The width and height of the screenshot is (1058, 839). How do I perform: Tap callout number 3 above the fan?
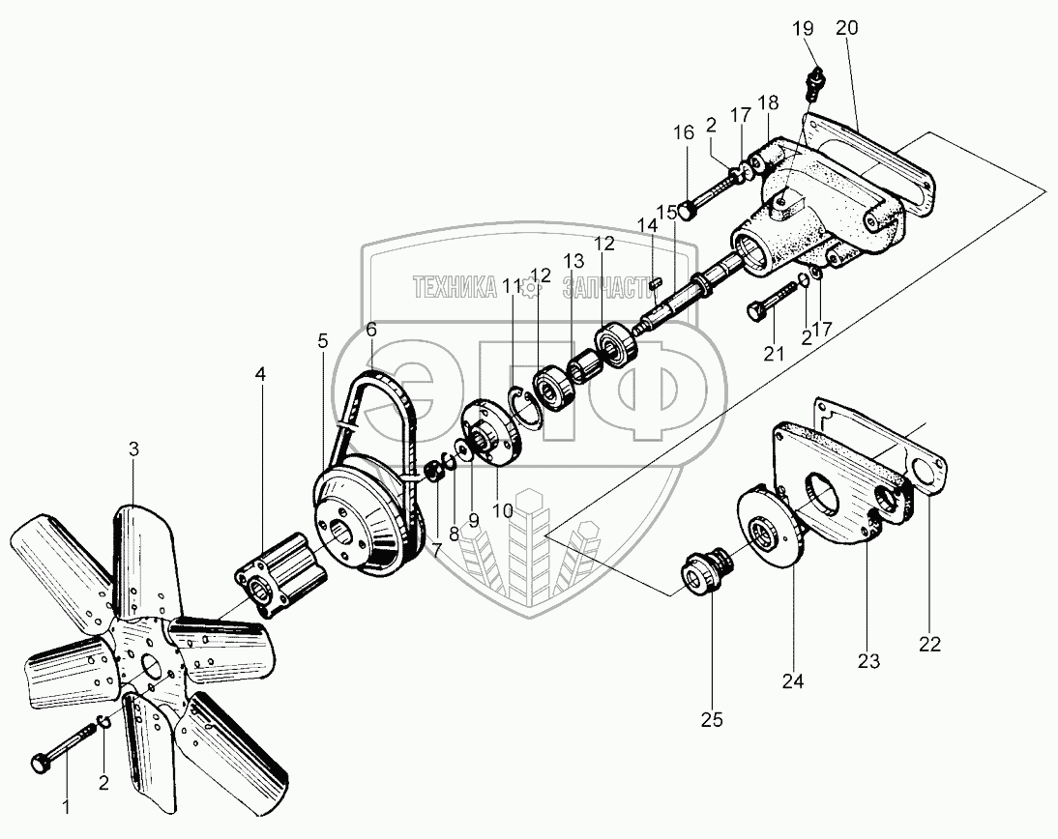[x=134, y=448]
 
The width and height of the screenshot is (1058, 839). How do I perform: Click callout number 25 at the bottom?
[x=712, y=719]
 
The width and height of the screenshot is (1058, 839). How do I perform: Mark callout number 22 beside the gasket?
[x=930, y=643]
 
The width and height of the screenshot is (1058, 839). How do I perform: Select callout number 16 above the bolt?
[x=683, y=132]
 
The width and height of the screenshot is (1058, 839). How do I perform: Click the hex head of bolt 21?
[x=754, y=311]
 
